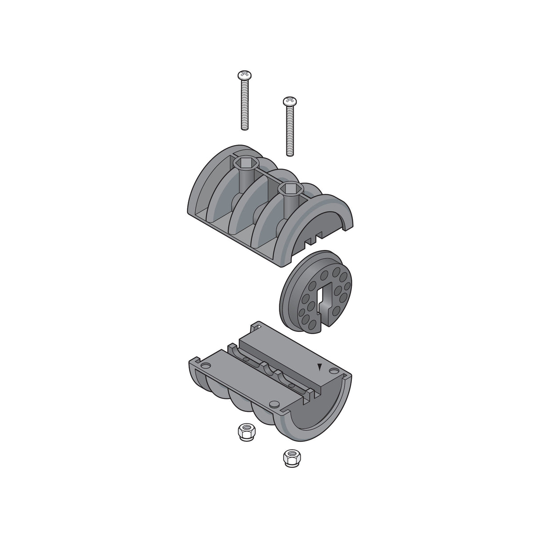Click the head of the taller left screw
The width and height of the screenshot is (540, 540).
point(243,74)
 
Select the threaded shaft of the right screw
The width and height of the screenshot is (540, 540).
point(290,131)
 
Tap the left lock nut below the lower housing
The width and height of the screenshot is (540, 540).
point(243,431)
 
